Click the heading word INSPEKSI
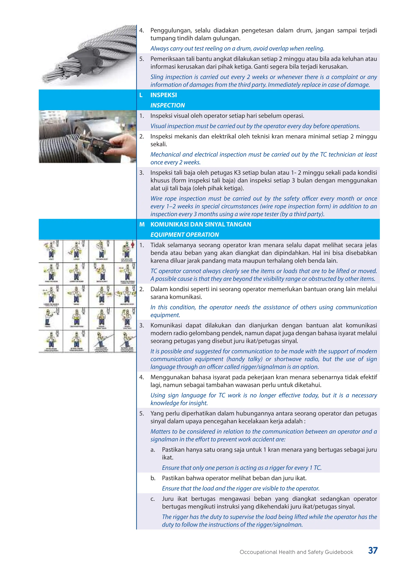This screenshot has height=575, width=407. [x=163, y=95]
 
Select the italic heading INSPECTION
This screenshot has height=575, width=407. [x=167, y=105]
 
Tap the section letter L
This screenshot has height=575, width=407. [x=141, y=95]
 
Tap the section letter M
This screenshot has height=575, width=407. [x=142, y=224]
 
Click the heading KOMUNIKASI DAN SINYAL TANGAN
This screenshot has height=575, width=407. [x=201, y=224]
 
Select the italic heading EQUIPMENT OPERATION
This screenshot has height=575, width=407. [x=184, y=235]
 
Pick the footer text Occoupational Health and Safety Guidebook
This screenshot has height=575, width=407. [x=296, y=552]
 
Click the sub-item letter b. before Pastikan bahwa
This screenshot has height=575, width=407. [x=153, y=478]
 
